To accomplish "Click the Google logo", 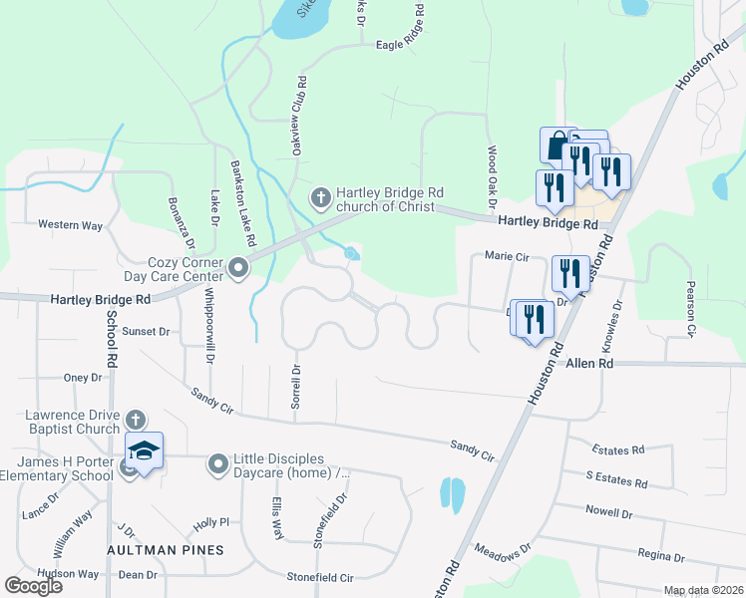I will [34, 586].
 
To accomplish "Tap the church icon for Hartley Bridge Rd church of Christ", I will [321, 196].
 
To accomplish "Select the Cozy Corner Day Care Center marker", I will [238, 267].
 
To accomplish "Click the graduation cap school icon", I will [145, 451].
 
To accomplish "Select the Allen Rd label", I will [589, 365].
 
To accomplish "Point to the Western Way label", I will [70, 225].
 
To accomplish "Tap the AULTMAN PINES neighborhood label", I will [167, 550].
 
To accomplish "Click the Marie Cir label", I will [506, 255].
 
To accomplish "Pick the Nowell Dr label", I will [609, 513].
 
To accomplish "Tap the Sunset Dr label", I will [147, 331].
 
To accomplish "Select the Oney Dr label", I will [83, 378].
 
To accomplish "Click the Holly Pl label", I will [211, 522].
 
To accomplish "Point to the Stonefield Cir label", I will [320, 577].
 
